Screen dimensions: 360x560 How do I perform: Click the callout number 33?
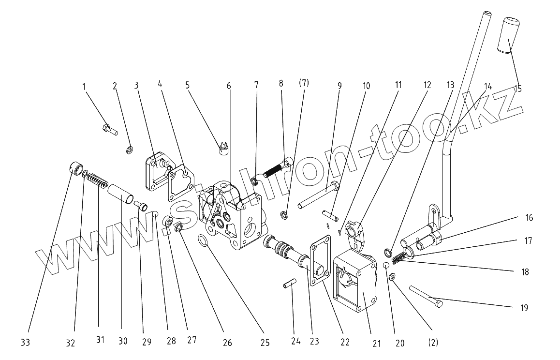[x=25, y=343]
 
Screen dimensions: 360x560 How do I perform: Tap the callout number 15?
[x=518, y=89]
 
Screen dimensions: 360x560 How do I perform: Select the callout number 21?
[x=377, y=344]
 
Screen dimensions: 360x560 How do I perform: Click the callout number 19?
[x=525, y=308]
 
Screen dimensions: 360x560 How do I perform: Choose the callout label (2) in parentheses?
[x=433, y=343]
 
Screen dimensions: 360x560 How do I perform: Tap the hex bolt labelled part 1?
[x=110, y=130]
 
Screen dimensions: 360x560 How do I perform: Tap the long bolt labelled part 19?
[x=426, y=296]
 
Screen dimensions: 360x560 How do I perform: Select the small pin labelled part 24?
[x=289, y=284]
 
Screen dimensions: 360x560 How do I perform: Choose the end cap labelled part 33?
[x=74, y=171]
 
